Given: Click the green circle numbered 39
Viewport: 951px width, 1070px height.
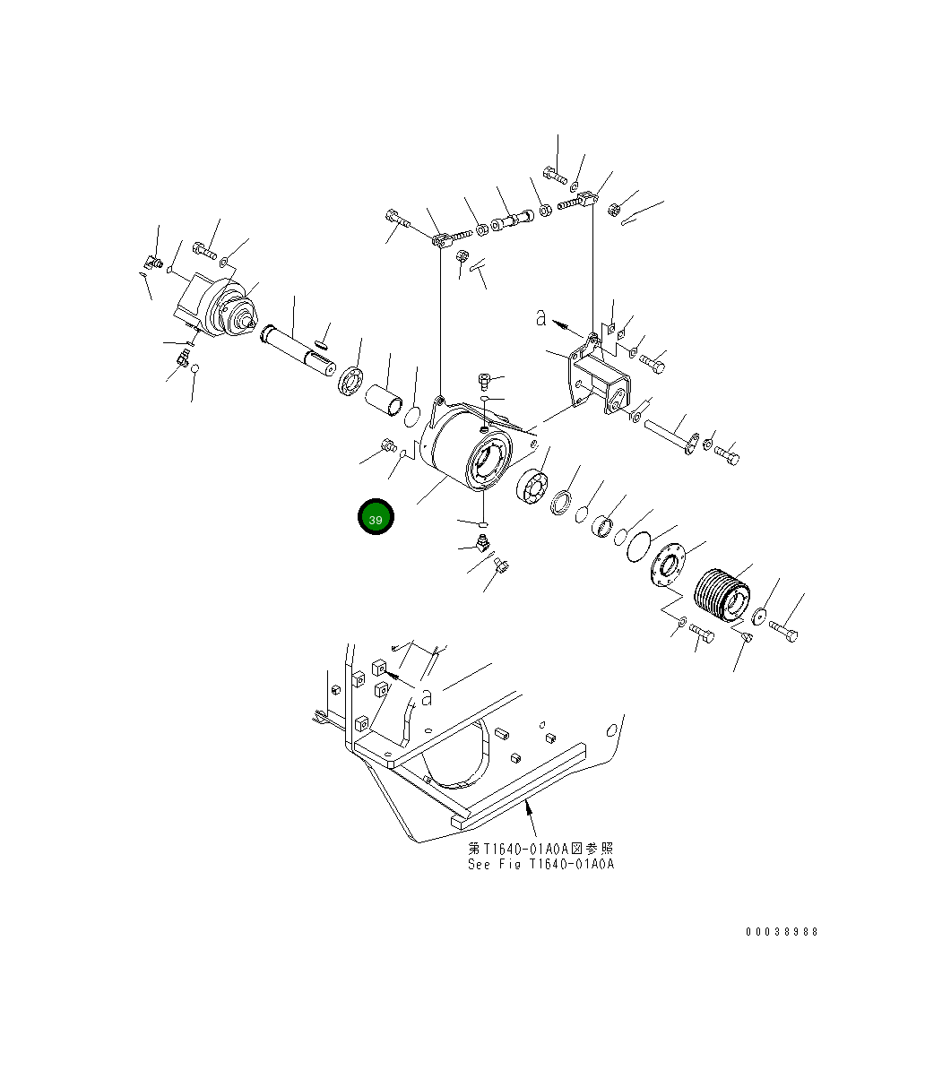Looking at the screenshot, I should click(x=376, y=519).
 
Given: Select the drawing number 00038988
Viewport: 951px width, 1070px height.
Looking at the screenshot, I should click(x=782, y=932).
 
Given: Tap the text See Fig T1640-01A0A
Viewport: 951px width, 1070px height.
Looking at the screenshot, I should click(x=540, y=865).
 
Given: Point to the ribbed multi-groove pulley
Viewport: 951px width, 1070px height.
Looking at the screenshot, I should click(x=723, y=593).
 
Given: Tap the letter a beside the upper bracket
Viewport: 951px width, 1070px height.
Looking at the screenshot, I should click(x=540, y=317).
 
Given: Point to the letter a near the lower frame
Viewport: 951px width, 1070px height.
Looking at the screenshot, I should click(x=427, y=695).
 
